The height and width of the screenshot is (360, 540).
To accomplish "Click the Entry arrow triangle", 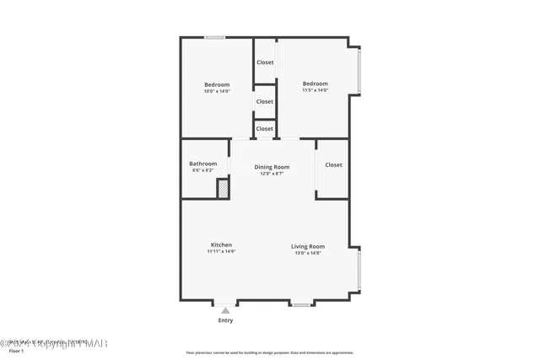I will pos(225,310).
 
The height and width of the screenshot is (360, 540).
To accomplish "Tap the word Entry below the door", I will pos(225,320).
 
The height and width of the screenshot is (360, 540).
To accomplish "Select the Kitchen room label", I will pos(221,244).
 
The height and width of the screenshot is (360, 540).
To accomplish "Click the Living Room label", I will pos(308,246).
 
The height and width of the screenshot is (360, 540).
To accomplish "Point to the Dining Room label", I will pos(272,167).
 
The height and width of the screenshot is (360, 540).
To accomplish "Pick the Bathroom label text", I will pos(202,164).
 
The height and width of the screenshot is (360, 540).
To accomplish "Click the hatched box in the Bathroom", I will pos(223,190).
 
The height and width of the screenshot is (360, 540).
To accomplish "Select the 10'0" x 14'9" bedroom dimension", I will pos(217,91).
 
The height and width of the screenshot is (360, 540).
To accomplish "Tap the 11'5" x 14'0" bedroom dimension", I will pos(315,90).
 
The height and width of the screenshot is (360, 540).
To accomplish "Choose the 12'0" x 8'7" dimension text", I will pos(272,174).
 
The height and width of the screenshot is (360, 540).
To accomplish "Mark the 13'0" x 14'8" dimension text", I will pos(308,252).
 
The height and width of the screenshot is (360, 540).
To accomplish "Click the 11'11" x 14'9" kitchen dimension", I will pos(221,251).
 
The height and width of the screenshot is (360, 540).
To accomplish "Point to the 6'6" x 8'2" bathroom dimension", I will pos(202,170).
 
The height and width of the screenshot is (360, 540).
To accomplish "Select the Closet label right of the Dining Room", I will pos(333,165).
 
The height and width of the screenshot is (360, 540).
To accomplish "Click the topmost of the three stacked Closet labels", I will pos(265,62).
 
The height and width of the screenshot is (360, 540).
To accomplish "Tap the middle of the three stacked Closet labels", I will pos(265,101).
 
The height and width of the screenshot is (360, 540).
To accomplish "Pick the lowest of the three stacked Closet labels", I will pos(265,128).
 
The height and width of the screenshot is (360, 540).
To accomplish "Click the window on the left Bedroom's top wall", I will pos(215,37).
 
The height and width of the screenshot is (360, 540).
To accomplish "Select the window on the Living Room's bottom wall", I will pos(300,304).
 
